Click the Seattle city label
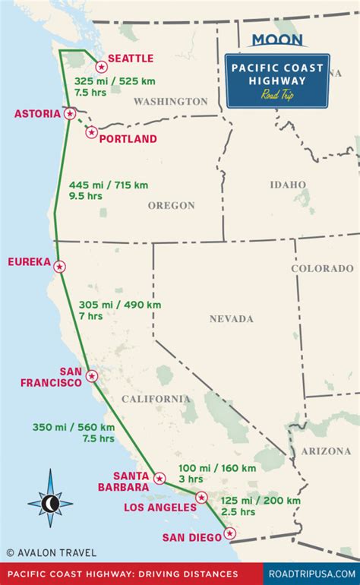(131, 58)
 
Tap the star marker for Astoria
(70, 114)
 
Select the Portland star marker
(92, 132)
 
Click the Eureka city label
(29, 262)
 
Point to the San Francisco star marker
(92, 375)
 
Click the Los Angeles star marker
(201, 498)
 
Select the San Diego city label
(193, 538)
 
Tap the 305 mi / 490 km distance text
(120, 305)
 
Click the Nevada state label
(232, 319)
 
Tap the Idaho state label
(288, 185)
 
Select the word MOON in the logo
(277, 40)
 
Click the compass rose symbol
(50, 502)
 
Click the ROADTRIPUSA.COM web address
(312, 574)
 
